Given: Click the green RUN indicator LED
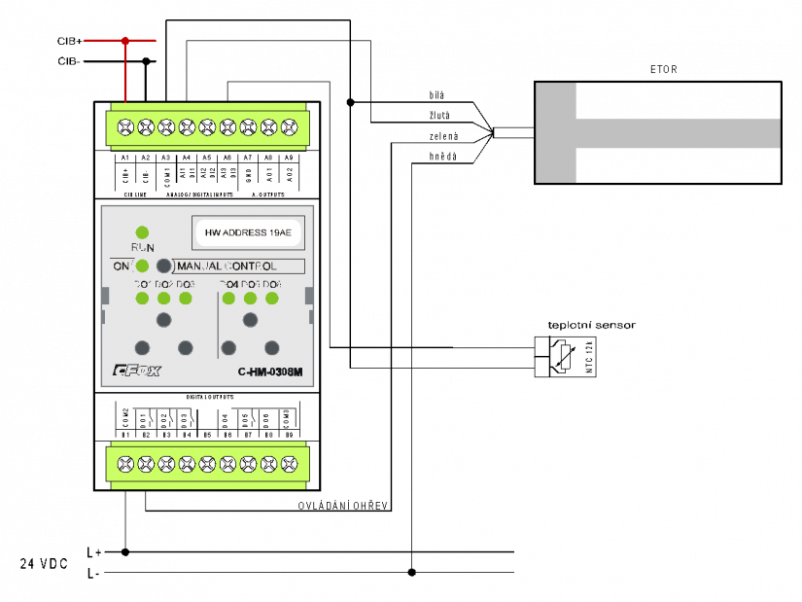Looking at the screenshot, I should click(x=142, y=232).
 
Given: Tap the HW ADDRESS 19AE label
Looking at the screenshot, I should click(x=248, y=233).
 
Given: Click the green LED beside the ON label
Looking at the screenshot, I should click(x=142, y=266).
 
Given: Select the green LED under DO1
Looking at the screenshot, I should click(x=142, y=298).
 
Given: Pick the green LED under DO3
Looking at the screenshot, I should click(x=186, y=298).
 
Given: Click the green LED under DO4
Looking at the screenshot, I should click(x=228, y=298).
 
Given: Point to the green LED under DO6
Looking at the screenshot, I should click(x=272, y=298).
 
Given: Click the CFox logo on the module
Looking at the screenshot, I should click(x=136, y=371).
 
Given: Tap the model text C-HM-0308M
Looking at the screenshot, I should click(x=270, y=372).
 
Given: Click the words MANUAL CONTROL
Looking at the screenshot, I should click(x=227, y=266).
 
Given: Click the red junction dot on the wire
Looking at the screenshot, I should click(x=124, y=40).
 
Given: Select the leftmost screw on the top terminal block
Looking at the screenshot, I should click(x=125, y=127).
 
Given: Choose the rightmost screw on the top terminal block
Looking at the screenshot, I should click(x=289, y=127).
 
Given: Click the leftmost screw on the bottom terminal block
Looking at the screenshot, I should click(x=125, y=464).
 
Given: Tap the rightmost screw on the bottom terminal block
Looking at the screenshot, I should click(x=289, y=464).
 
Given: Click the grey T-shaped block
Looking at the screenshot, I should click(x=556, y=133).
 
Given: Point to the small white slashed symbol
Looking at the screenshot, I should click(x=566, y=357).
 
